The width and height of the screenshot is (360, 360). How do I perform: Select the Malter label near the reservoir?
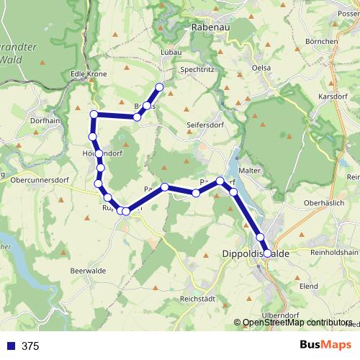249,170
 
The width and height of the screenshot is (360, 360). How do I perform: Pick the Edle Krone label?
89,74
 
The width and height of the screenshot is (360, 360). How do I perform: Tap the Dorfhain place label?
46,122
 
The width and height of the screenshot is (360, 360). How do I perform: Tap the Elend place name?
309,286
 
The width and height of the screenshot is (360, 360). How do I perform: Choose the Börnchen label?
321,42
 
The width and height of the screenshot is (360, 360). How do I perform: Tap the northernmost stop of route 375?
160,87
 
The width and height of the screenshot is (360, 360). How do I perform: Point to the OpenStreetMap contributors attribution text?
297,323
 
